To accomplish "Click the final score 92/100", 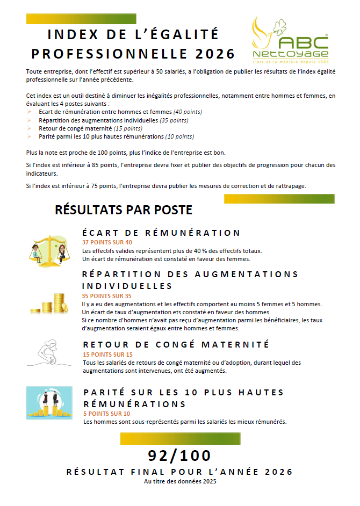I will [180, 456].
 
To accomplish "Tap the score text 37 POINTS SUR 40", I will [106, 243].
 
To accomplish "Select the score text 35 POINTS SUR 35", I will [106, 296].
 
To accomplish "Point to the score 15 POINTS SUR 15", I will [107, 355].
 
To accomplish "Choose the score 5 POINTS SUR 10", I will [106, 414].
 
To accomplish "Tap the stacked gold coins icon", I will [49, 303].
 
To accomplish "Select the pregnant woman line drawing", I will [48, 355].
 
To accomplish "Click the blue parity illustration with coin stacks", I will [49, 403].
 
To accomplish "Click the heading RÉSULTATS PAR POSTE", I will [124, 209].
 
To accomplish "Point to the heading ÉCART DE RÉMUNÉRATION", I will [161, 233].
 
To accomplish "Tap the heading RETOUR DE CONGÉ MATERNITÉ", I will [176, 344].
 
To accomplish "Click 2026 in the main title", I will [215, 54].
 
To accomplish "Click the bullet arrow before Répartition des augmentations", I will [30, 120].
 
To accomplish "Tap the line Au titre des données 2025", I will [180, 482].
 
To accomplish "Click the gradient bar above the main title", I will [81, 19].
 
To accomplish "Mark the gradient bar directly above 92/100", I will [180, 439].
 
